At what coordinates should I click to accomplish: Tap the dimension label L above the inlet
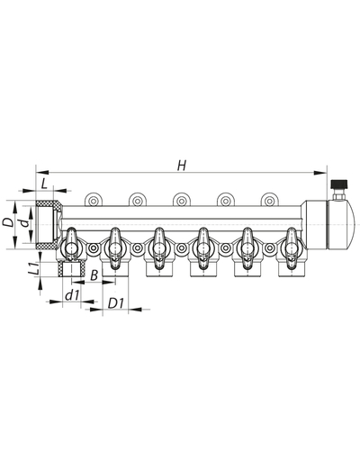click(x=45, y=184)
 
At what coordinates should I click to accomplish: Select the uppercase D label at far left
click(x=7, y=220)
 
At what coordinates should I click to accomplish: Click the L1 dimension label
click(x=31, y=267)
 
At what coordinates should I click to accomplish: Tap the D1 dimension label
click(x=115, y=303)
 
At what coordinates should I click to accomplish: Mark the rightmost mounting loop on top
click(x=267, y=200)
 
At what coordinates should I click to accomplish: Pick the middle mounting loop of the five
click(x=180, y=200)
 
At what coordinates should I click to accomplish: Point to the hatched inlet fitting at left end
click(x=45, y=226)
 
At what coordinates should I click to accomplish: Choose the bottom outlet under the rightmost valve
click(x=289, y=267)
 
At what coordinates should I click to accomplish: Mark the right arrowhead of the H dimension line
click(x=319, y=171)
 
